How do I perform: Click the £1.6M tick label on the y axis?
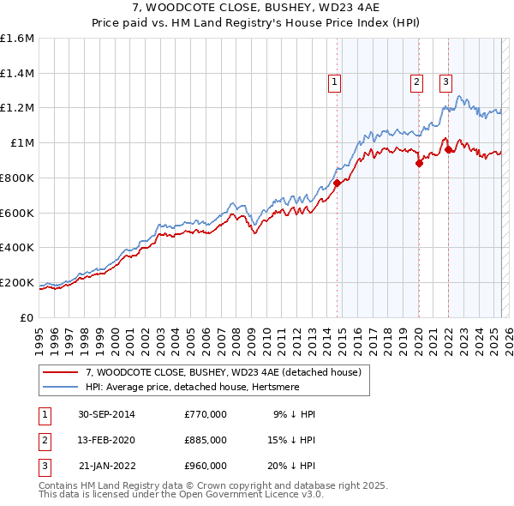(x=17, y=39)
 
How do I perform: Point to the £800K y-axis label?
(x=17, y=178)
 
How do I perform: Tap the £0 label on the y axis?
(x=27, y=317)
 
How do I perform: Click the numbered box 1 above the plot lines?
(x=334, y=82)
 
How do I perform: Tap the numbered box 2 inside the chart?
(x=416, y=82)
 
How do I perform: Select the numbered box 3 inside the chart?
(x=446, y=82)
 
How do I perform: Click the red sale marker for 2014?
(x=338, y=183)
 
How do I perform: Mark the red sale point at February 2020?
(x=419, y=163)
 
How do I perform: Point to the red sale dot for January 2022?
(x=448, y=150)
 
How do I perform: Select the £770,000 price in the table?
(x=206, y=414)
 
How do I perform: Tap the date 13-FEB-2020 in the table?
(x=106, y=440)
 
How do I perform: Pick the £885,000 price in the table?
(x=206, y=440)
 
